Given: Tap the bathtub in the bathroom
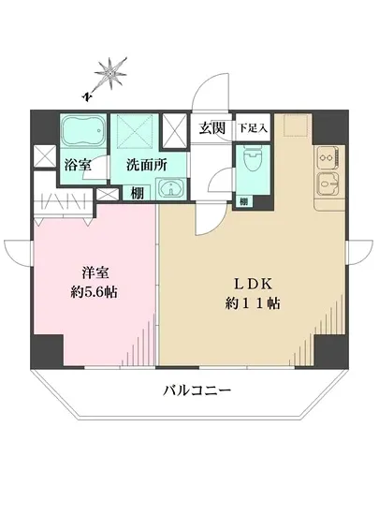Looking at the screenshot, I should point(83,132).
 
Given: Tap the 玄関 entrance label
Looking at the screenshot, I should point(211,128).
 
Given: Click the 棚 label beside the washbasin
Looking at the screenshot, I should point(137,194).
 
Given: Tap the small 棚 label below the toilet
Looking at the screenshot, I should point(242,200).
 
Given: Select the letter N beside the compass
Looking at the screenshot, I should point(85,95).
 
